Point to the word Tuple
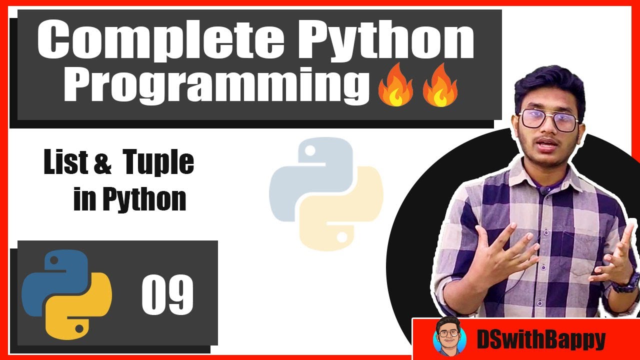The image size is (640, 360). pos(158,163)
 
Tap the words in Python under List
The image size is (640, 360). pos(129,199)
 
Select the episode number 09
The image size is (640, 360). pos(167,295)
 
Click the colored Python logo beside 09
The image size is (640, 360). pos(66,294)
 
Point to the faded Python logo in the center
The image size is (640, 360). pos(326,194)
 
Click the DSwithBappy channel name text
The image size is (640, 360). pos(540,340)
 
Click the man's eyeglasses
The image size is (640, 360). pos(549,120)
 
